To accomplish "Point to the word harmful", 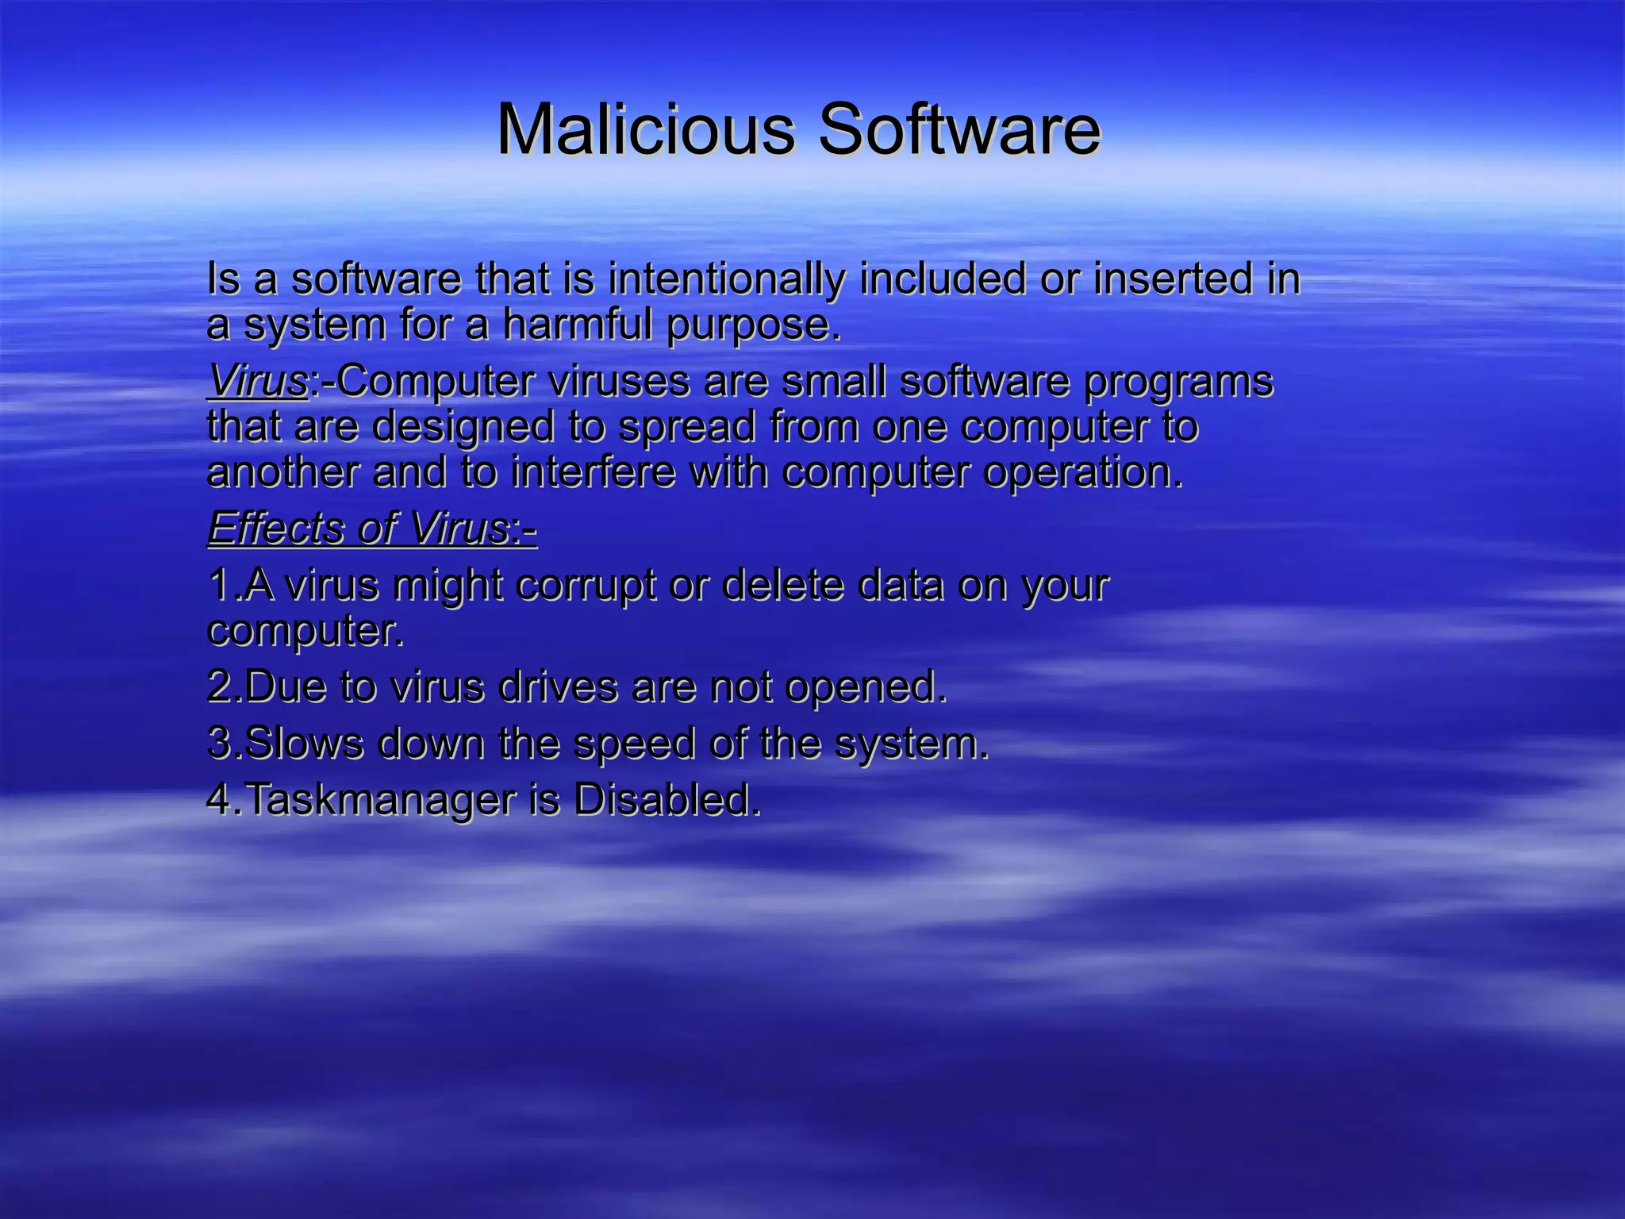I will (581, 325).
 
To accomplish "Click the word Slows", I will (305, 744).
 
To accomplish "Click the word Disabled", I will (667, 800).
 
